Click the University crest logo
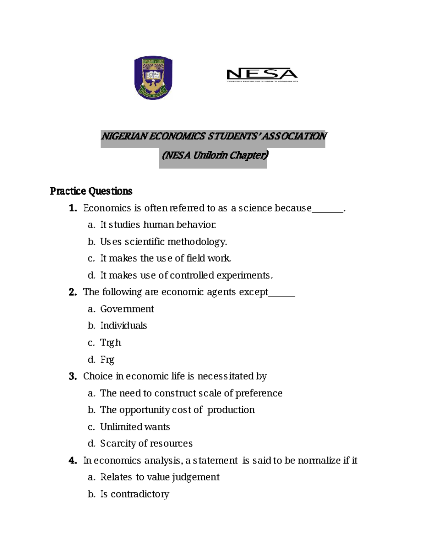point(153,77)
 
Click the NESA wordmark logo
point(262,75)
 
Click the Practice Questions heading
point(91,191)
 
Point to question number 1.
point(73,208)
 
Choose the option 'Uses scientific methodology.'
point(163,242)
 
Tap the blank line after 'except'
point(282,293)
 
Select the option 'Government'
point(127,309)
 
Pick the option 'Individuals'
point(123,326)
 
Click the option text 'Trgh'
point(110,343)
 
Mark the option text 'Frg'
point(107,360)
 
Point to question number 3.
point(73,376)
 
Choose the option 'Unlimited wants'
point(135,427)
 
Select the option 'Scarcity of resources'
point(146,444)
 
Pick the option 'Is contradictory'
point(135,494)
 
